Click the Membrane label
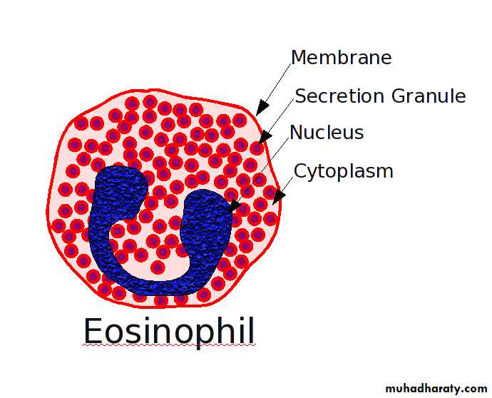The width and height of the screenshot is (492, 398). tap(341, 58)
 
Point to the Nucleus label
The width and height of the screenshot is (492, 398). tap(327, 133)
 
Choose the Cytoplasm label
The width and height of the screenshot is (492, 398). tap(344, 171)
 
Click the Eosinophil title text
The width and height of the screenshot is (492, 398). tap(168, 331)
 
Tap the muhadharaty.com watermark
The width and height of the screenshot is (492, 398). tap(436, 389)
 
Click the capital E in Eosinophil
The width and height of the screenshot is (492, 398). tap(93, 331)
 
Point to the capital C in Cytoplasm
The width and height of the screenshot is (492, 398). tap(300, 171)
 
